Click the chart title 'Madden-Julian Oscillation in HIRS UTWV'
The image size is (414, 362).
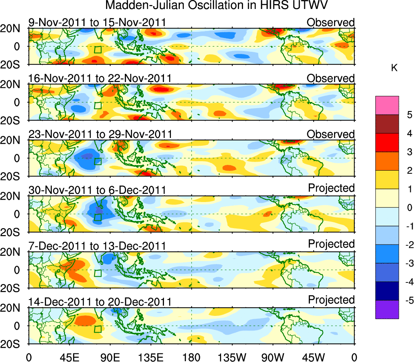[217, 6]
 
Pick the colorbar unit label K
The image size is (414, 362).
[394, 68]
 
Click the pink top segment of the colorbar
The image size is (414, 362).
[387, 105]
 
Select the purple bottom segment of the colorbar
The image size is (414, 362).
[387, 309]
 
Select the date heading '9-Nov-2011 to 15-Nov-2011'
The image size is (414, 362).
[97, 22]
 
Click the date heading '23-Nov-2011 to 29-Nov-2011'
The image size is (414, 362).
[100, 134]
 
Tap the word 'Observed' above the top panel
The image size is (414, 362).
[331, 22]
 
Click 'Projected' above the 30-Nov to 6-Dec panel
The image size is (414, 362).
[331, 188]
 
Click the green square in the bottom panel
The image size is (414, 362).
[97, 329]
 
